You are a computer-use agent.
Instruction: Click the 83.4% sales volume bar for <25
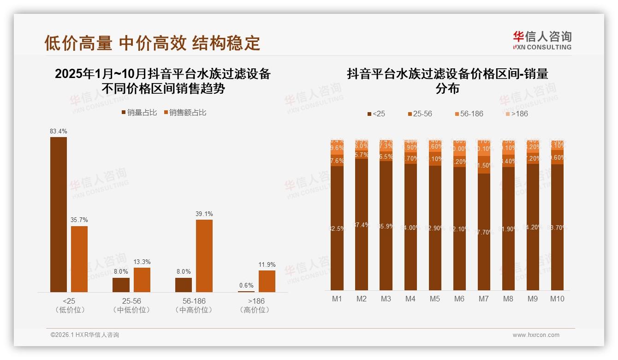(x=59, y=214)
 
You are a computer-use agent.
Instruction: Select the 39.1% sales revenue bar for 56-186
(x=204, y=256)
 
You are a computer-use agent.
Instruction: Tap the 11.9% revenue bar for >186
(x=267, y=281)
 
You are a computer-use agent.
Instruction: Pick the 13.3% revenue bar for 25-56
(x=142, y=280)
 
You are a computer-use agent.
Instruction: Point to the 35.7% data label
(x=79, y=220)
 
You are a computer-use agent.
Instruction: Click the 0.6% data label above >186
(x=246, y=285)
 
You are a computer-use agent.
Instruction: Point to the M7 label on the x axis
(x=483, y=299)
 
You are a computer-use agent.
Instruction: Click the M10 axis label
(x=557, y=299)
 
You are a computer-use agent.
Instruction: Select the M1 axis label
(x=337, y=299)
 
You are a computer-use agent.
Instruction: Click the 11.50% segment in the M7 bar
(x=484, y=165)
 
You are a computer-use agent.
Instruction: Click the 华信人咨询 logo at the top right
(x=542, y=41)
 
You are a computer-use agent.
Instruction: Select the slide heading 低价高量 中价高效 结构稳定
(x=152, y=43)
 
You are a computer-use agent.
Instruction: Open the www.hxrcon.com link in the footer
(x=536, y=335)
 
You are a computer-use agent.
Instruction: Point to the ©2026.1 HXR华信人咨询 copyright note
(x=85, y=335)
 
